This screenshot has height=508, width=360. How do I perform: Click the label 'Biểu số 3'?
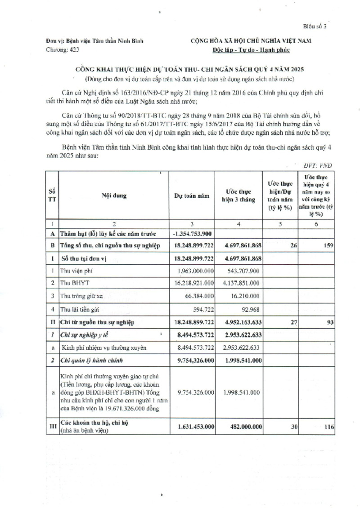(x=316, y=26)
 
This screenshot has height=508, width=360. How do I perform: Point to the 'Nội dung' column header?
(x=114, y=196)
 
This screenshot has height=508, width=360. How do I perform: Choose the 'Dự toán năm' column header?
(x=192, y=196)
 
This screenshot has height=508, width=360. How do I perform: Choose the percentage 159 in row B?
(x=328, y=245)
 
